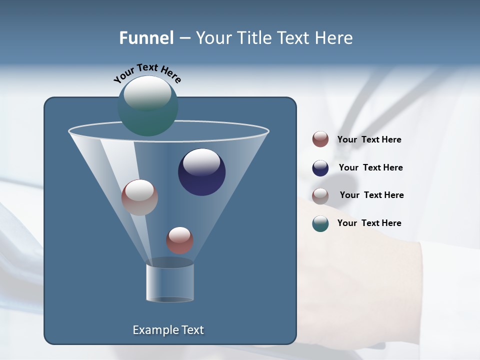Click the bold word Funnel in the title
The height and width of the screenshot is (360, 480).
click(x=146, y=38)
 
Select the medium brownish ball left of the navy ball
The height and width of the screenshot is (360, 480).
click(x=139, y=197)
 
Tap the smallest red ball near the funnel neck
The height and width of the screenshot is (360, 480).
click(x=179, y=240)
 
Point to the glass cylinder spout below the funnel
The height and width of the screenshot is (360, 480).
click(x=170, y=282)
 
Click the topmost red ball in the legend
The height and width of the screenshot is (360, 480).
click(x=320, y=139)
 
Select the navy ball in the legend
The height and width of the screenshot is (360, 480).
click(x=320, y=168)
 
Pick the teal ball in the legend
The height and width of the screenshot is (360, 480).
click(x=320, y=223)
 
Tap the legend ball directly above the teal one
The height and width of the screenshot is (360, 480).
click(x=320, y=195)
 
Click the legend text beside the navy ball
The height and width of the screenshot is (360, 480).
click(x=370, y=167)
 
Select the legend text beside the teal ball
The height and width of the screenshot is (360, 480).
click(x=369, y=223)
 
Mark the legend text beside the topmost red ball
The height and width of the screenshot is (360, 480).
click(x=369, y=139)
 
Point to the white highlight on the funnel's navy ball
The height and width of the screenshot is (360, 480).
click(x=201, y=162)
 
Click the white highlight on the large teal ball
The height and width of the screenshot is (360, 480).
click(x=147, y=93)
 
